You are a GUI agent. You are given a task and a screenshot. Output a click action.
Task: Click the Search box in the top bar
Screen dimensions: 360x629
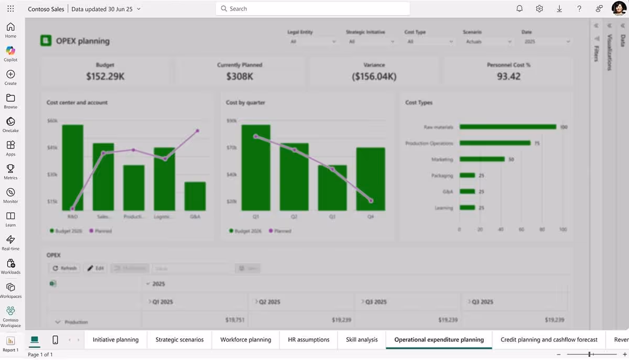(x=312, y=9)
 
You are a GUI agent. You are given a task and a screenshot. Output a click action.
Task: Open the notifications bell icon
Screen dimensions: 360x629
(x=519, y=9)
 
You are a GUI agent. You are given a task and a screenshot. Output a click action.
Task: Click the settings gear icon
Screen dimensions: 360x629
(x=539, y=9)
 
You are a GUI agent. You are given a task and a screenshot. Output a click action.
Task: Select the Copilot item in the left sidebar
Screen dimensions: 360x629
(x=10, y=53)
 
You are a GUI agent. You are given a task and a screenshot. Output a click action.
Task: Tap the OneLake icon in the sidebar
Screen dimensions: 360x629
(x=10, y=124)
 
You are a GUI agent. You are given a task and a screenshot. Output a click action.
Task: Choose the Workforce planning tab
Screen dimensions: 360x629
(x=245, y=340)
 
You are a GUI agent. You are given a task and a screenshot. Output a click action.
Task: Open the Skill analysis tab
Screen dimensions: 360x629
(x=362, y=340)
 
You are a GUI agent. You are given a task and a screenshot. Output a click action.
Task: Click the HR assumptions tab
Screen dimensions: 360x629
(x=309, y=340)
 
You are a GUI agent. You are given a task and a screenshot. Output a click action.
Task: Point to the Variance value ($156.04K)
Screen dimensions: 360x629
(x=374, y=77)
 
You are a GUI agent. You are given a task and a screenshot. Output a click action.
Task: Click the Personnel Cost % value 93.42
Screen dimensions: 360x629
(x=508, y=77)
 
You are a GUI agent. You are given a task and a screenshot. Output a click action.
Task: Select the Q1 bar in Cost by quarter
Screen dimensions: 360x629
(x=256, y=168)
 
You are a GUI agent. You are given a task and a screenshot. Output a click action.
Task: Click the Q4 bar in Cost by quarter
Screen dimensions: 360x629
(x=371, y=179)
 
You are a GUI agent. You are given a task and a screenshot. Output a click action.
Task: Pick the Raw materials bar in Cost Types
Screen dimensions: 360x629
(x=507, y=127)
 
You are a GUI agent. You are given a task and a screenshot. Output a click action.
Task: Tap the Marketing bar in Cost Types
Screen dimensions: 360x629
(x=482, y=159)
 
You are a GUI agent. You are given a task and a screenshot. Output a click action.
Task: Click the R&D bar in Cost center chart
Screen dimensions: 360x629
(x=72, y=168)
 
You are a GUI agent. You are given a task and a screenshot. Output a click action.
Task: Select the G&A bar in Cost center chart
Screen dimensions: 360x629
(x=195, y=196)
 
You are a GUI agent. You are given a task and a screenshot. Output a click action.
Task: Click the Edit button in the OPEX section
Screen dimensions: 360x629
(x=95, y=268)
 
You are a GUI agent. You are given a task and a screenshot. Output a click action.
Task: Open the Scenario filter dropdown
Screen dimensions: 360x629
(x=487, y=41)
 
